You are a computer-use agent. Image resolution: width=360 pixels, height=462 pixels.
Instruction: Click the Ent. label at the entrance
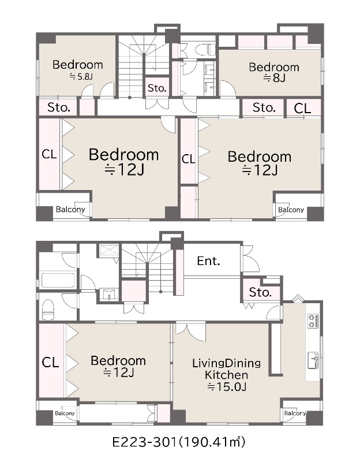point(208,261)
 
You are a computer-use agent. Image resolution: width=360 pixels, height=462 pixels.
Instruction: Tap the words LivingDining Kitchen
point(226,369)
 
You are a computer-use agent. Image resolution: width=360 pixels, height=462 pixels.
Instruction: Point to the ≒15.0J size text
point(226,386)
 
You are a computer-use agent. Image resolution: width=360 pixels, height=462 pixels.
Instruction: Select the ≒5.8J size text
point(81,77)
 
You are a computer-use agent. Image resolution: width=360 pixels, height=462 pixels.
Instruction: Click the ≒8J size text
point(274,78)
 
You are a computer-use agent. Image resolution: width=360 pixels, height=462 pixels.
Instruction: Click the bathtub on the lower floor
point(58,280)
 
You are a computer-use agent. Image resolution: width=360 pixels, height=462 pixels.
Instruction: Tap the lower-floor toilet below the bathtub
point(48,310)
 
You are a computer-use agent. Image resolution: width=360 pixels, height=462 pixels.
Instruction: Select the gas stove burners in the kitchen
point(313,321)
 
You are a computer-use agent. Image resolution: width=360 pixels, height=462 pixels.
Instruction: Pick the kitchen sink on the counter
point(313,360)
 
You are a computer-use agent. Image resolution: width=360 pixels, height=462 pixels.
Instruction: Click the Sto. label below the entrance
point(260,292)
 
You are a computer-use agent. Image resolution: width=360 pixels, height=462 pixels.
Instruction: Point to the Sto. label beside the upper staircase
point(157,88)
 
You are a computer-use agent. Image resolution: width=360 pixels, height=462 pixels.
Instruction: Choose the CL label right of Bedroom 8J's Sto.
point(302,109)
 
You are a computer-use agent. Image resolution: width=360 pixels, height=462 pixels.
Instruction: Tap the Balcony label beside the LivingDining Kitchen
point(295,413)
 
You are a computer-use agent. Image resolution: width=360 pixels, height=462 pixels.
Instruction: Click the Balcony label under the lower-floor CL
point(65,413)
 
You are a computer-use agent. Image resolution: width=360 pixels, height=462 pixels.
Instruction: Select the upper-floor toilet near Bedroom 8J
point(204,49)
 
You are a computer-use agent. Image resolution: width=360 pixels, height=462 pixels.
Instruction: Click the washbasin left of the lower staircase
point(109,294)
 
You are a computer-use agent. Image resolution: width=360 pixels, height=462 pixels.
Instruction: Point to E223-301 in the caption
point(145,442)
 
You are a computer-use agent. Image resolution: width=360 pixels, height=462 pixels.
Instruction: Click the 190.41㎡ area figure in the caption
point(212,442)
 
